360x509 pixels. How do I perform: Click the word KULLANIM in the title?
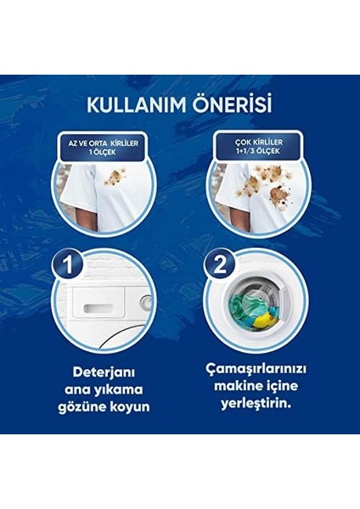137,104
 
